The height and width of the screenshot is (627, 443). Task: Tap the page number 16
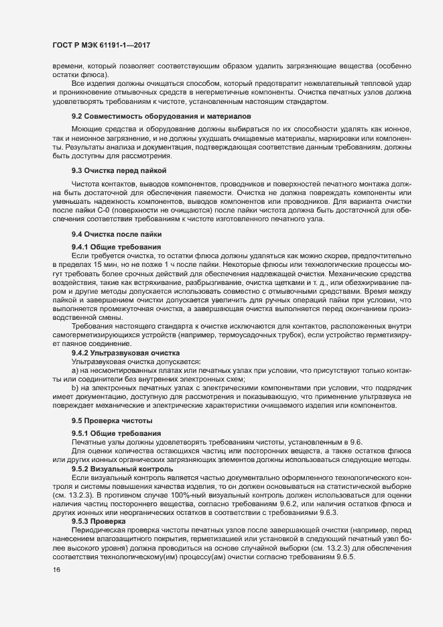(x=56, y=570)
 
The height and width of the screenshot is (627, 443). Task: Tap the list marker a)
(x=76, y=369)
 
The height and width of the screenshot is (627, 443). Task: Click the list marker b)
(x=76, y=388)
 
